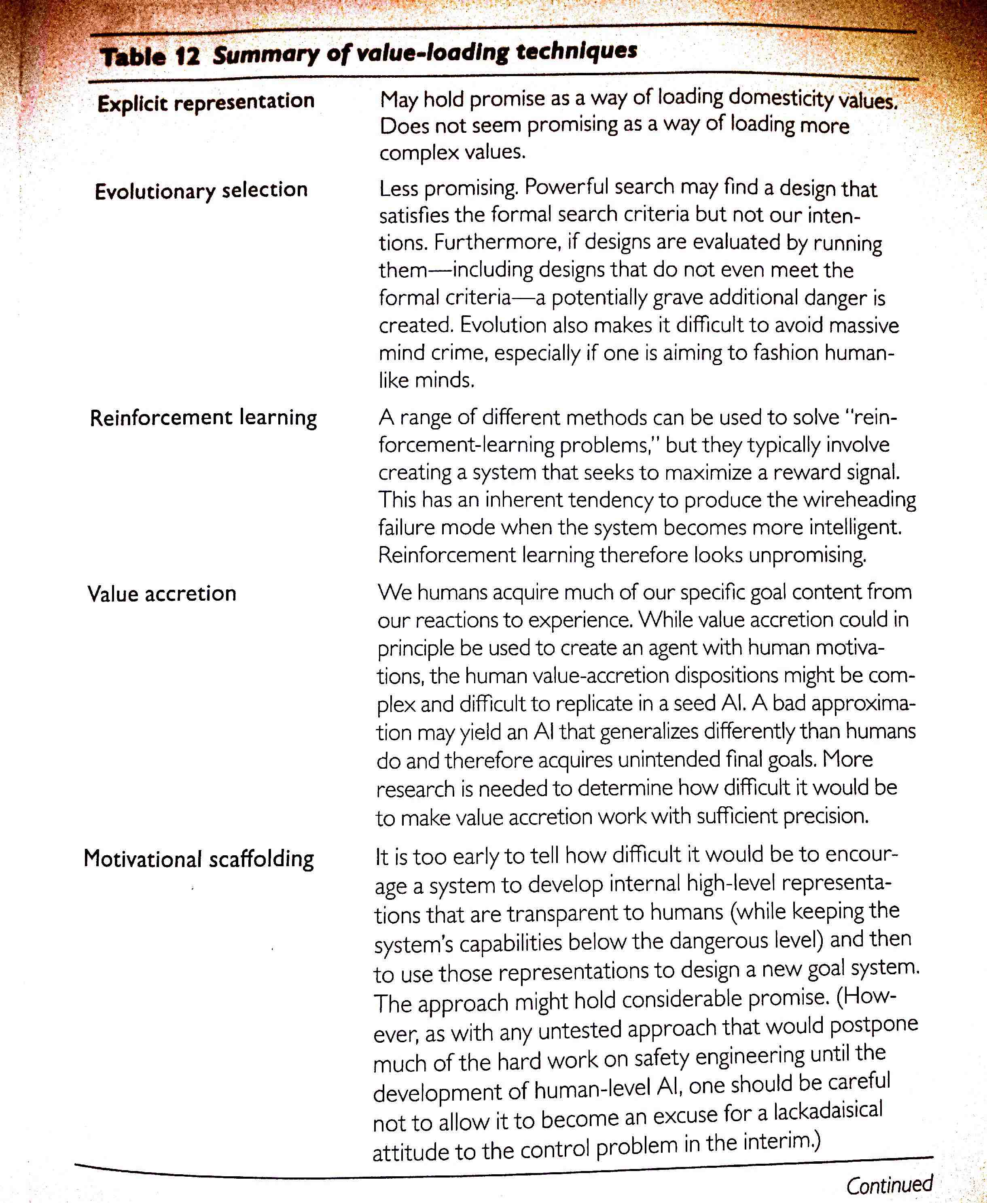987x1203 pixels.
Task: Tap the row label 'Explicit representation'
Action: click(x=206, y=102)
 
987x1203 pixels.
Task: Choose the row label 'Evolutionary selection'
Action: click(x=201, y=191)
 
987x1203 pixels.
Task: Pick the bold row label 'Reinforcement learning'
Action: click(x=203, y=417)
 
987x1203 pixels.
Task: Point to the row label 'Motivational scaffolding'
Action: click(x=199, y=858)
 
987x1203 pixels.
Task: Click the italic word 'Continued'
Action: click(x=889, y=1185)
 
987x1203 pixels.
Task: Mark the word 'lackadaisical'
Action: click(x=828, y=1111)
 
